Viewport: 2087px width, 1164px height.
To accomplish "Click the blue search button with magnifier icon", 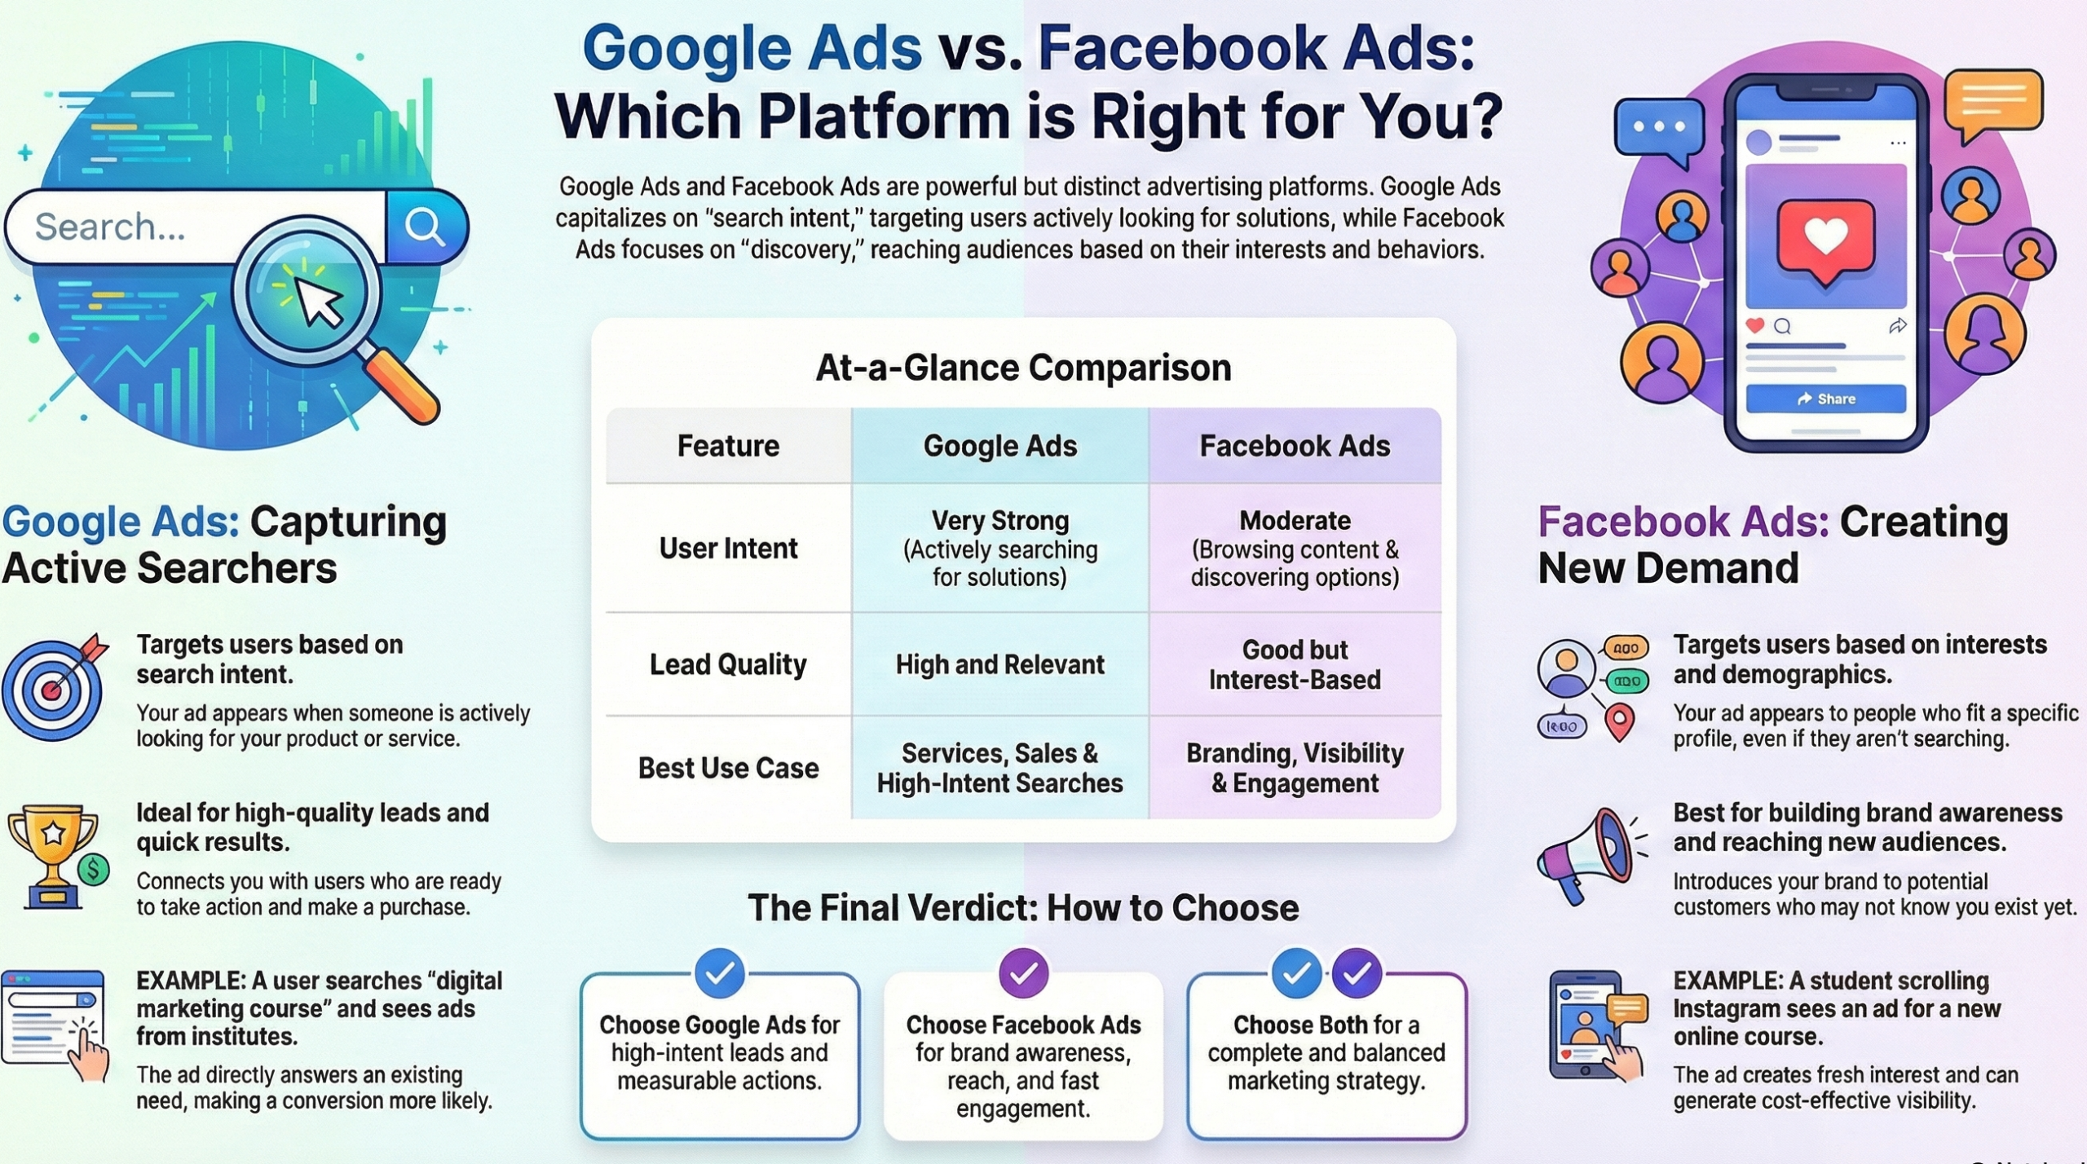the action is click(x=426, y=227).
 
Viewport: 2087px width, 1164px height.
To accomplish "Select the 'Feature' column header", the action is click(x=728, y=446).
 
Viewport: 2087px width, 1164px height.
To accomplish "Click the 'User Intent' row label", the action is click(x=728, y=548).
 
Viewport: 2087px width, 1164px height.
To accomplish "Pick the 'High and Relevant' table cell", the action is click(x=999, y=664).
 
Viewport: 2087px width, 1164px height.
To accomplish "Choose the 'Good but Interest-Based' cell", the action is click(x=1295, y=664).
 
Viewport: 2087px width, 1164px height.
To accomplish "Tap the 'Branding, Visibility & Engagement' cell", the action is click(x=1295, y=768).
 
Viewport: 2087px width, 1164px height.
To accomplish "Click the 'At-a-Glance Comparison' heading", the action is click(x=1023, y=368).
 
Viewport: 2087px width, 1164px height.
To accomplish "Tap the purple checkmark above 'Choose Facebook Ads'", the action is click(x=1023, y=972).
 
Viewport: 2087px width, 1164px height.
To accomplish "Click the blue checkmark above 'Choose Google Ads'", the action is click(x=720, y=972).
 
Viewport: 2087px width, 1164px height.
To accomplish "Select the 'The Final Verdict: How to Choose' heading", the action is click(x=1023, y=908).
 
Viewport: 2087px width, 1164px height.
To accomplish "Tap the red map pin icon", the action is click(x=1620, y=721).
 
